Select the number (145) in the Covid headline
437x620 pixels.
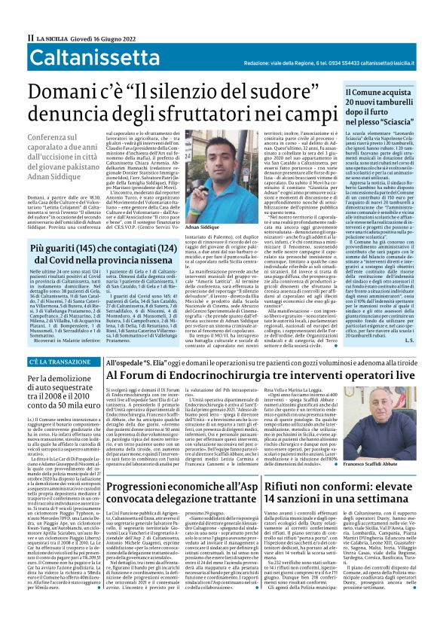[88, 226]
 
